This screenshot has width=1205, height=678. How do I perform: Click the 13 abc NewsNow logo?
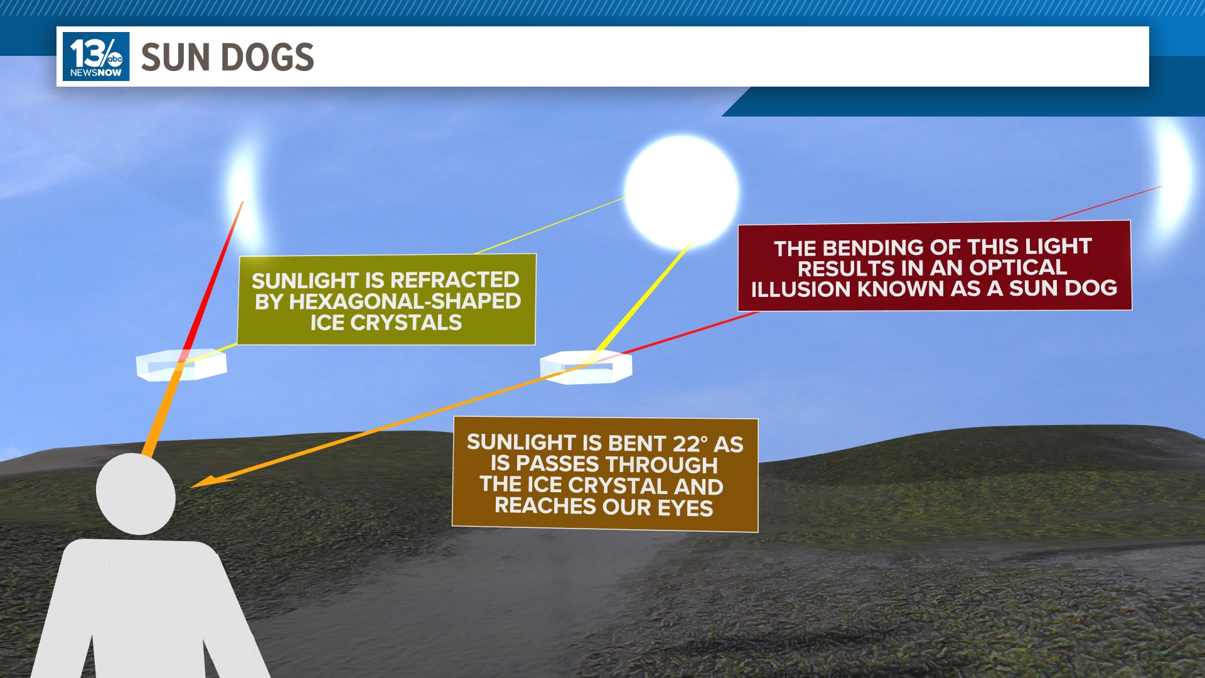[x=96, y=56]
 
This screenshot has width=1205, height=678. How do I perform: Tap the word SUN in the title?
[x=175, y=58]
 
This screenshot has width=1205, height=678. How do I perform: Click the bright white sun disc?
[x=682, y=191]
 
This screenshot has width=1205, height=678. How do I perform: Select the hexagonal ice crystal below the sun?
[x=586, y=367]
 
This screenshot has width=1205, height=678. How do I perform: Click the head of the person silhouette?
[x=136, y=494]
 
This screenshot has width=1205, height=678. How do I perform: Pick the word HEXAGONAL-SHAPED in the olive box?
[x=404, y=301]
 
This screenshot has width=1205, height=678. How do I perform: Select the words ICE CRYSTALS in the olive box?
[x=385, y=323]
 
